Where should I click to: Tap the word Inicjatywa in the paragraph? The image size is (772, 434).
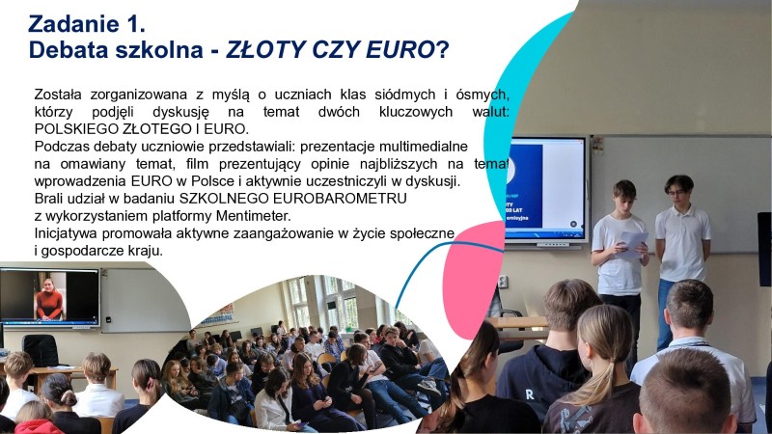(69, 232)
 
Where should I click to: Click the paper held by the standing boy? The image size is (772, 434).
(632, 238)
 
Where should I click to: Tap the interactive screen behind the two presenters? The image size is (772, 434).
(546, 188)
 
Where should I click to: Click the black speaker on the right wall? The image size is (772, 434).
(764, 248)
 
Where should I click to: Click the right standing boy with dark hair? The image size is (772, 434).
(682, 246)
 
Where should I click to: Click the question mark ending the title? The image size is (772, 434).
(442, 49)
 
